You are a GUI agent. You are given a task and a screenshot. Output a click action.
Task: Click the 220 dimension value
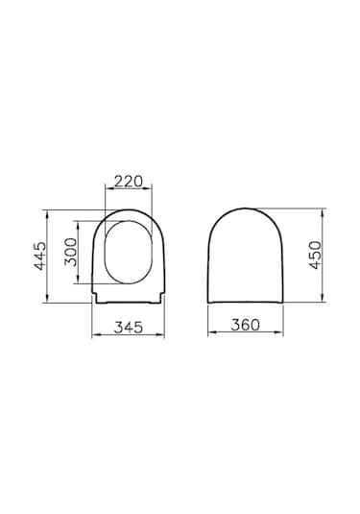128,180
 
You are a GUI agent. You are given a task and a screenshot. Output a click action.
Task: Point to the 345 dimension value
128,328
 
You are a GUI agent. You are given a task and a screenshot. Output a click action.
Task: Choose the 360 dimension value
248,328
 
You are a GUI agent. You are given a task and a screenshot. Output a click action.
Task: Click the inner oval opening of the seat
128,253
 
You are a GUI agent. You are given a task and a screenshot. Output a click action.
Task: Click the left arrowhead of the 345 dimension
92,336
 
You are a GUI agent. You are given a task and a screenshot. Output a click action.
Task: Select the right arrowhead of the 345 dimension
164,336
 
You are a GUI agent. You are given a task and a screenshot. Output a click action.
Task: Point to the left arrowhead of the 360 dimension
210,336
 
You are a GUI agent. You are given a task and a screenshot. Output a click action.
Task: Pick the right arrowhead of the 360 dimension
285,336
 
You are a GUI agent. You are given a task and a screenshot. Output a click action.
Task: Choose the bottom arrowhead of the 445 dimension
50,299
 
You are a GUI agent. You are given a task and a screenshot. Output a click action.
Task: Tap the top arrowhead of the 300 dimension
80,222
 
